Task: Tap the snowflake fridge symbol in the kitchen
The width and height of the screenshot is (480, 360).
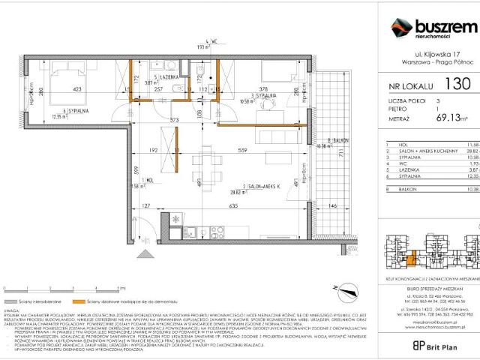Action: [x=175, y=218]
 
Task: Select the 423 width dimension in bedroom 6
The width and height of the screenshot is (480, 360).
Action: [x=76, y=88]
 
